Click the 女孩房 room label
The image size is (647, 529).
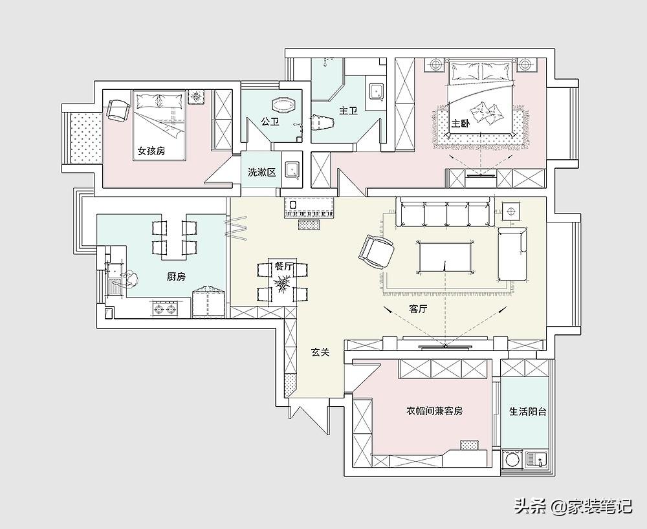click(151, 151)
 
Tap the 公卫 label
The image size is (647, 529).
click(270, 121)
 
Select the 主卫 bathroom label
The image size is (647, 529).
click(348, 111)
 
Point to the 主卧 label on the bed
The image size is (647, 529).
click(460, 124)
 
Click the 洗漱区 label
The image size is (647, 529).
click(261, 173)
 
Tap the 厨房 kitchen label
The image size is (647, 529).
click(176, 277)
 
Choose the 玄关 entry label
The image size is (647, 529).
click(320, 352)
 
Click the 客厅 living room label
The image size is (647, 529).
click(418, 309)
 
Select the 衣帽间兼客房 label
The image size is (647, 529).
click(435, 411)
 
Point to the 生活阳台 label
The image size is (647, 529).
click(528, 411)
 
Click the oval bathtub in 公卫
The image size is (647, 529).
click(284, 105)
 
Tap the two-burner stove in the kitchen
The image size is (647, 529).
click(165, 309)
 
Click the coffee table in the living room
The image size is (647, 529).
click(445, 257)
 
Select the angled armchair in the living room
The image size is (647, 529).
click(377, 252)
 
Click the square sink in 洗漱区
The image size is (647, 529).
click(292, 170)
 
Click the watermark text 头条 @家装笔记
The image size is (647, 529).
click(573, 506)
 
